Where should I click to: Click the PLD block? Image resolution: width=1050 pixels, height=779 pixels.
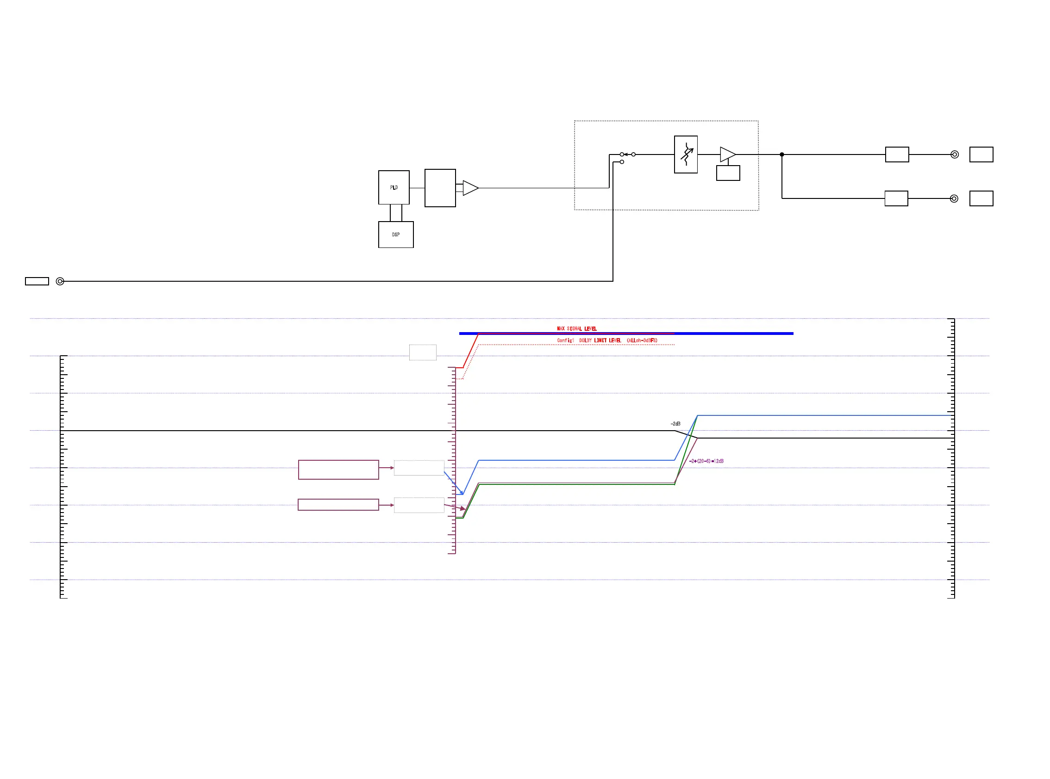(x=394, y=187)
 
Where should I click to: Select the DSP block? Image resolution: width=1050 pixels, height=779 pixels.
(x=395, y=235)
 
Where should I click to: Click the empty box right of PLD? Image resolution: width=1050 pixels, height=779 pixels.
(x=440, y=188)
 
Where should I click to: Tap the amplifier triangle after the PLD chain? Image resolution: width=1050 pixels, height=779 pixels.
(x=470, y=188)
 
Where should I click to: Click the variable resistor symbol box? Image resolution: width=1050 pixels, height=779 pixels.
(x=685, y=154)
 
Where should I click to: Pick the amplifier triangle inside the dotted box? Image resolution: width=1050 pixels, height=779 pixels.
(x=727, y=154)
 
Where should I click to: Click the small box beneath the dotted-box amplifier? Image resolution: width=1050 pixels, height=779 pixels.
(x=728, y=173)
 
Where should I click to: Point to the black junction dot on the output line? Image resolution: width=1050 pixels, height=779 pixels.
(x=781, y=154)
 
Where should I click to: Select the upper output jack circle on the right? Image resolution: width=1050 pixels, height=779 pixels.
(x=954, y=154)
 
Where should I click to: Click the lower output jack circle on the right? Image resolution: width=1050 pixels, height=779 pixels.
(x=954, y=198)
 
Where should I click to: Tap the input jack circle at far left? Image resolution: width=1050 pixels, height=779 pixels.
(x=60, y=281)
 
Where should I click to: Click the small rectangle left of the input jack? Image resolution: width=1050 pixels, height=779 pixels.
(x=37, y=281)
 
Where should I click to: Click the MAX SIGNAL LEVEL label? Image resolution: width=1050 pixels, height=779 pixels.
(x=576, y=328)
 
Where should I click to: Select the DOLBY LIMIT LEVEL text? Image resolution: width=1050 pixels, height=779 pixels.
(x=607, y=340)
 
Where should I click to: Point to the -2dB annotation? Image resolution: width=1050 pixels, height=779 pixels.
(x=675, y=423)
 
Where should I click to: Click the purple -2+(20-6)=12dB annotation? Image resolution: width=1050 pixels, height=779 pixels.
(x=706, y=461)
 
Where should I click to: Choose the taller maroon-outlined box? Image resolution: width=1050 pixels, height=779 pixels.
(x=338, y=469)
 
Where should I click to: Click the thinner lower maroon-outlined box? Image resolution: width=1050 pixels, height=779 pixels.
(x=338, y=504)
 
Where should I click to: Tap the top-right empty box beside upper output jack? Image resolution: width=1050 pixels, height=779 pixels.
(x=981, y=154)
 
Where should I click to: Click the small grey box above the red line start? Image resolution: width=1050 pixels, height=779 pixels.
(x=422, y=352)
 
